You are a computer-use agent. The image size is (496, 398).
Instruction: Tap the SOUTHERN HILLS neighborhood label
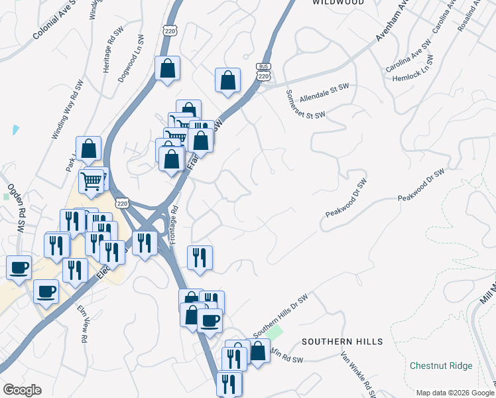(342, 342)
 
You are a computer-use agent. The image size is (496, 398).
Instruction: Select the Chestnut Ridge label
(441, 365)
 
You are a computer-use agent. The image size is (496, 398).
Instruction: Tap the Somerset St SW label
(306, 105)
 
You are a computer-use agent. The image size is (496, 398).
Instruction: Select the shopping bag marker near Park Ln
(88, 149)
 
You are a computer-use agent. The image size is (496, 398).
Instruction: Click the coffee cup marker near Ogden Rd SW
(19, 267)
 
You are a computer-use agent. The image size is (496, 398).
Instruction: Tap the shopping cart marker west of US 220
(92, 180)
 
